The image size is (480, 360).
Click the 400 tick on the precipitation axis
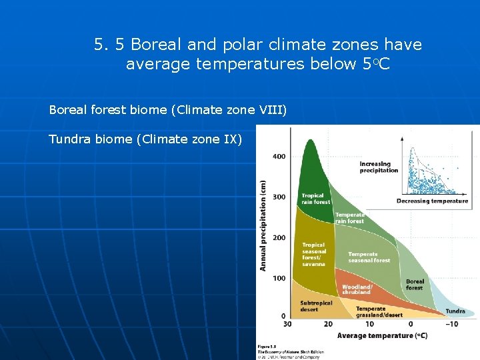(279, 157)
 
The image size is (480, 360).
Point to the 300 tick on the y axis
(279, 197)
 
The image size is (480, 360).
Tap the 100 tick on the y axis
(279, 278)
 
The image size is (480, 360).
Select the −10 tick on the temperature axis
(452, 324)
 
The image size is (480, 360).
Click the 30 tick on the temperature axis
(287, 324)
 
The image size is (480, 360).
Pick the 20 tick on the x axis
(328, 324)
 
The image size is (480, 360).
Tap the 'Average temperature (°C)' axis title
(382, 335)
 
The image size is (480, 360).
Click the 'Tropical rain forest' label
(315, 199)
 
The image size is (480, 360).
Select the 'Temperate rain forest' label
(350, 218)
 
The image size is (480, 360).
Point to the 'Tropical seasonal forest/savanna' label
(314, 255)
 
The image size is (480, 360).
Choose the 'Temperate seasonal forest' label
(369, 257)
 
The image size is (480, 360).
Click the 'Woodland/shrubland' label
(357, 289)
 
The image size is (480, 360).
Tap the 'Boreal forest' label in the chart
(415, 285)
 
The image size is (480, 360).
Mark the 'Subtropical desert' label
(316, 306)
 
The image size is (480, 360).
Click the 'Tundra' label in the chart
(455, 311)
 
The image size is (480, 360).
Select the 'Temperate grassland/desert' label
(379, 312)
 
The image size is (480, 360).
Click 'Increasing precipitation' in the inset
(378, 167)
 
